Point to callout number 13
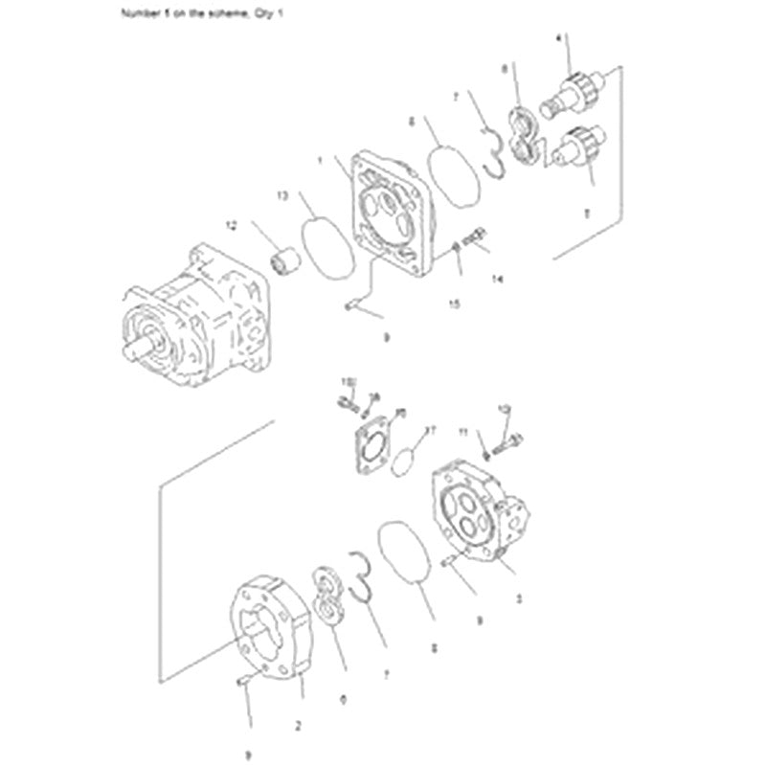tap(282, 194)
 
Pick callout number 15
tap(456, 304)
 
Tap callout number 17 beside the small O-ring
tap(430, 431)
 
